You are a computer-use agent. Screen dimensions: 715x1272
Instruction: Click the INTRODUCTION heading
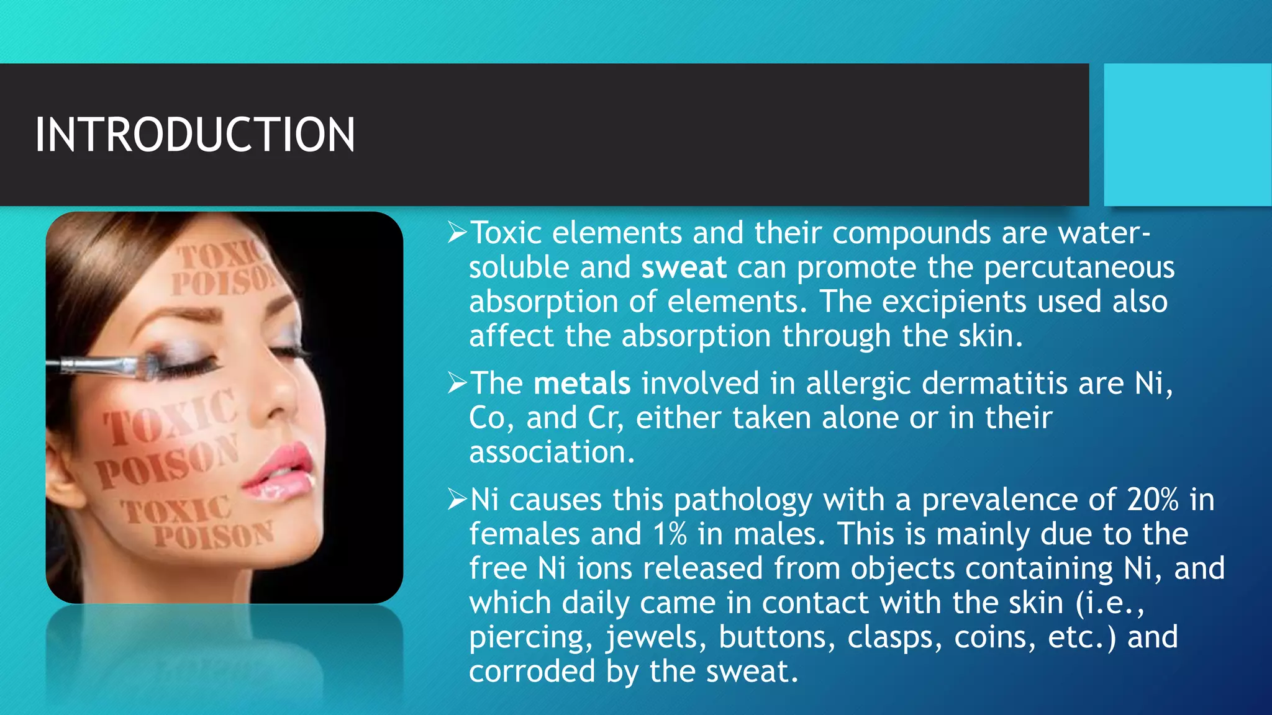point(195,135)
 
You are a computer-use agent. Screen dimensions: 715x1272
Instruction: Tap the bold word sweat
point(684,268)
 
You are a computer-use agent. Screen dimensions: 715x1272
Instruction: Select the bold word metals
point(582,383)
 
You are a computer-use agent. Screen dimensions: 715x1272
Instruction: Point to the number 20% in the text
point(1153,500)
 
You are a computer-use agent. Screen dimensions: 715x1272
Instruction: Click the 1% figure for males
point(670,534)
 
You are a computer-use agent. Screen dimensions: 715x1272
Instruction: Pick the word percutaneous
point(1079,268)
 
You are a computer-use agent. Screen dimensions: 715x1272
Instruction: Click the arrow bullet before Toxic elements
point(457,233)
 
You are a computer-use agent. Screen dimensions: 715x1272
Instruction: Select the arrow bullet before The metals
point(457,384)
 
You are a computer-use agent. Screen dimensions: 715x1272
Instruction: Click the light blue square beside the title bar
point(1187,135)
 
